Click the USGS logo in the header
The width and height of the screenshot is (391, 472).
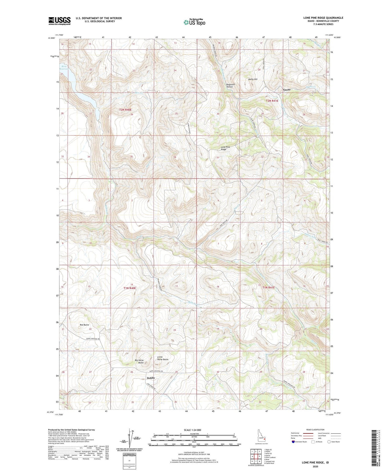[x=59, y=21]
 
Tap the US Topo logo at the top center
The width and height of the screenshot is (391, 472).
[x=194, y=22]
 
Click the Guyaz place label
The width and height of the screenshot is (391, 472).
[x=287, y=90]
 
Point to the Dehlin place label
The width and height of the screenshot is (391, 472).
[x=151, y=378]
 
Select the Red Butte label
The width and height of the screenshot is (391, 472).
[x=84, y=325]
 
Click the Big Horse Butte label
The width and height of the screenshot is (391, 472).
[x=139, y=361]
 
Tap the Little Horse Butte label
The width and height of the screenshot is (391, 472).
[x=163, y=358]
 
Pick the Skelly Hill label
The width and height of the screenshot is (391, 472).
[x=253, y=79]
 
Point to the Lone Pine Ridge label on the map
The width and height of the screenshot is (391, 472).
[x=225, y=148]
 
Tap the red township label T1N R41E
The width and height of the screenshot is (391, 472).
[x=268, y=287]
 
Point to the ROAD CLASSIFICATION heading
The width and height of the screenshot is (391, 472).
[x=315, y=430]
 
